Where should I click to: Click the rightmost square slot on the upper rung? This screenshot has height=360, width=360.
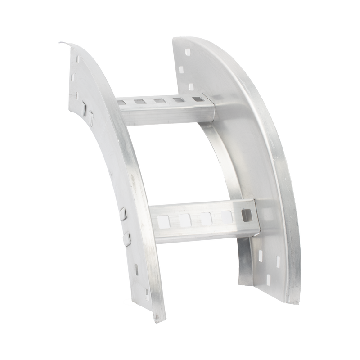click(x=197, y=100)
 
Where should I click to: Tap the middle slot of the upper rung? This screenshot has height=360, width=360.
click(x=158, y=102)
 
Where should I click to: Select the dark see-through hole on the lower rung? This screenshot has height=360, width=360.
click(x=246, y=214)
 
